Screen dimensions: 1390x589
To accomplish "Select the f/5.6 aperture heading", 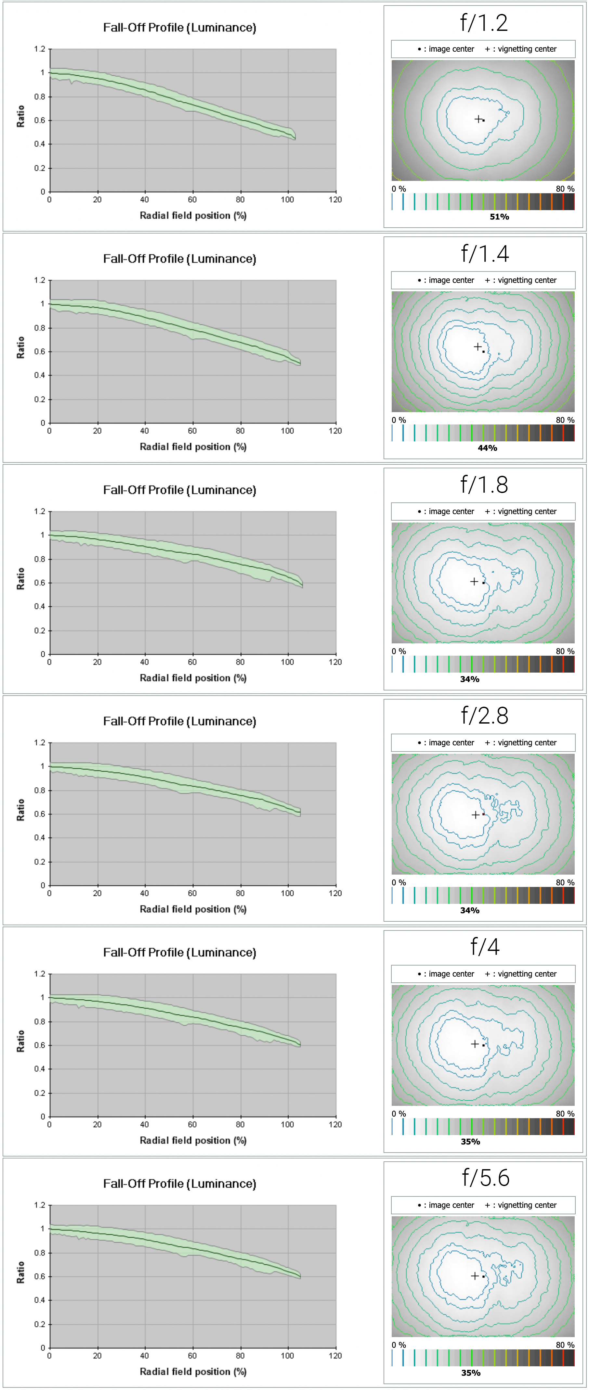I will (x=485, y=1178).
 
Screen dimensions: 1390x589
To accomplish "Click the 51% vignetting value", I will (x=499, y=217).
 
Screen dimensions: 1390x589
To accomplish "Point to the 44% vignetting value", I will (x=487, y=448).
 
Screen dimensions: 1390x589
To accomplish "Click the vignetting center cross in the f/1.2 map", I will (x=478, y=119).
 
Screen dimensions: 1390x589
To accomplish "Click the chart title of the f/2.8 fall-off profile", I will (x=179, y=721).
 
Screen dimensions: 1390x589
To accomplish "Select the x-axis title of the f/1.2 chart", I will (x=193, y=215).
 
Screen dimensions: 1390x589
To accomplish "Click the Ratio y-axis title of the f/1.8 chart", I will (x=20, y=578).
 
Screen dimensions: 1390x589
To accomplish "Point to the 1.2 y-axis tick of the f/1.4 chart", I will (x=39, y=280).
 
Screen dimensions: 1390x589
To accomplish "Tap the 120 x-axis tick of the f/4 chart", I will (x=335, y=1125).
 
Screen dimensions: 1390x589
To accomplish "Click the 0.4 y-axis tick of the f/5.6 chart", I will (x=39, y=1300).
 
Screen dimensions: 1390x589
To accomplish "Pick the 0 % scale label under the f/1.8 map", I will (x=399, y=651).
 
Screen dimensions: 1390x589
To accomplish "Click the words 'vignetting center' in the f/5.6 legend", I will (x=527, y=1205).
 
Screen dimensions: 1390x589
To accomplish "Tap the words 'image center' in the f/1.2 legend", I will (x=451, y=49).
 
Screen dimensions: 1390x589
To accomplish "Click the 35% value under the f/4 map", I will (x=470, y=1142).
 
